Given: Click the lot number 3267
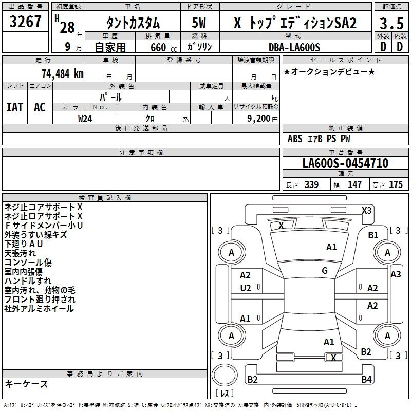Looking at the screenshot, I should (x=26, y=23).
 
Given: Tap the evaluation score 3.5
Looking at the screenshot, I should (x=391, y=23).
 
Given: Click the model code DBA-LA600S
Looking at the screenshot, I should (x=294, y=47).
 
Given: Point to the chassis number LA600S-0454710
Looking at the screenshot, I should (x=345, y=164).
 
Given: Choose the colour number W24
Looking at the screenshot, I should (x=85, y=118).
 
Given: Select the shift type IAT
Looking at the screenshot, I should (x=15, y=107).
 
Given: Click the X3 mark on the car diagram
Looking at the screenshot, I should (x=366, y=210).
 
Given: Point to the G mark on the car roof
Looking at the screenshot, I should (x=324, y=270).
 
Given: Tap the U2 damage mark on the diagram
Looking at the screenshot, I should (x=246, y=288).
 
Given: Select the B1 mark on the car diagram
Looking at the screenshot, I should (x=373, y=235).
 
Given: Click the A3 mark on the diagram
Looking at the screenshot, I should (x=395, y=274).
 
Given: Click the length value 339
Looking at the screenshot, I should (x=311, y=185).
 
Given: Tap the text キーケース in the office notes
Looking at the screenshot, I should (x=27, y=384).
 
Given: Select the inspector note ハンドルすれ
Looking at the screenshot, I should (x=28, y=281).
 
